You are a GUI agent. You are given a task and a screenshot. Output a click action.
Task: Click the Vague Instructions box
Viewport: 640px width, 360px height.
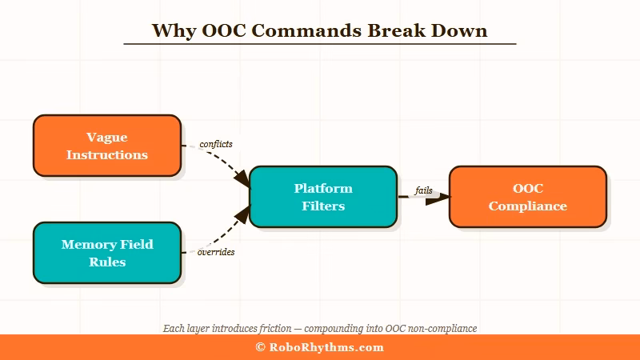coord(106,145)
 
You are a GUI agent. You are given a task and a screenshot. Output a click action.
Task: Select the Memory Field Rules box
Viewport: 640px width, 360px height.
coord(106,252)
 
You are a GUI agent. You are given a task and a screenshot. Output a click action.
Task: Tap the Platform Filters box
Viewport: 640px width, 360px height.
coord(322,197)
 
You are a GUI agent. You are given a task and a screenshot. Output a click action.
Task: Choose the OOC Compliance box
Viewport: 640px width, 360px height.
coord(527,197)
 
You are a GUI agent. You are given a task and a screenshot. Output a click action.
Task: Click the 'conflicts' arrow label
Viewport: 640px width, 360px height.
coord(216,144)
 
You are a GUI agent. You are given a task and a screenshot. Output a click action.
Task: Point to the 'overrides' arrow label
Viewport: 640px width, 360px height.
coord(216,252)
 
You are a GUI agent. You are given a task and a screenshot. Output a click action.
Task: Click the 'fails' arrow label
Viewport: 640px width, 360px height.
coord(423,190)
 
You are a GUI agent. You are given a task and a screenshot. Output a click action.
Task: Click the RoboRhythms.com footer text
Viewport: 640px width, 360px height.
coord(326,347)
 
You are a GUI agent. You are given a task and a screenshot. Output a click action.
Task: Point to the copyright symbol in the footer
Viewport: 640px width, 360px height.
coord(260,347)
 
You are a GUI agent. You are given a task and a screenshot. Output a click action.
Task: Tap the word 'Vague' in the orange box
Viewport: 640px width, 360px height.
coord(106,138)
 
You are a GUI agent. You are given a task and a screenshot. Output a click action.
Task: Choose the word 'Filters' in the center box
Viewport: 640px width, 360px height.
coord(322,206)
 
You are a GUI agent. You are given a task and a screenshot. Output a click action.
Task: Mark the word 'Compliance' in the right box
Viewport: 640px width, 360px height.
coord(527,206)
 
